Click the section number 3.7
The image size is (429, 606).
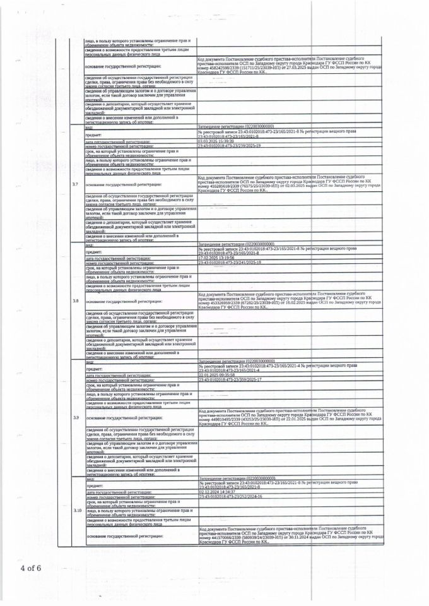pos(75,184)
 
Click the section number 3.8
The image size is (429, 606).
pos(75,301)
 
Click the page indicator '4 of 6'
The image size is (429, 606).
pos(30,567)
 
